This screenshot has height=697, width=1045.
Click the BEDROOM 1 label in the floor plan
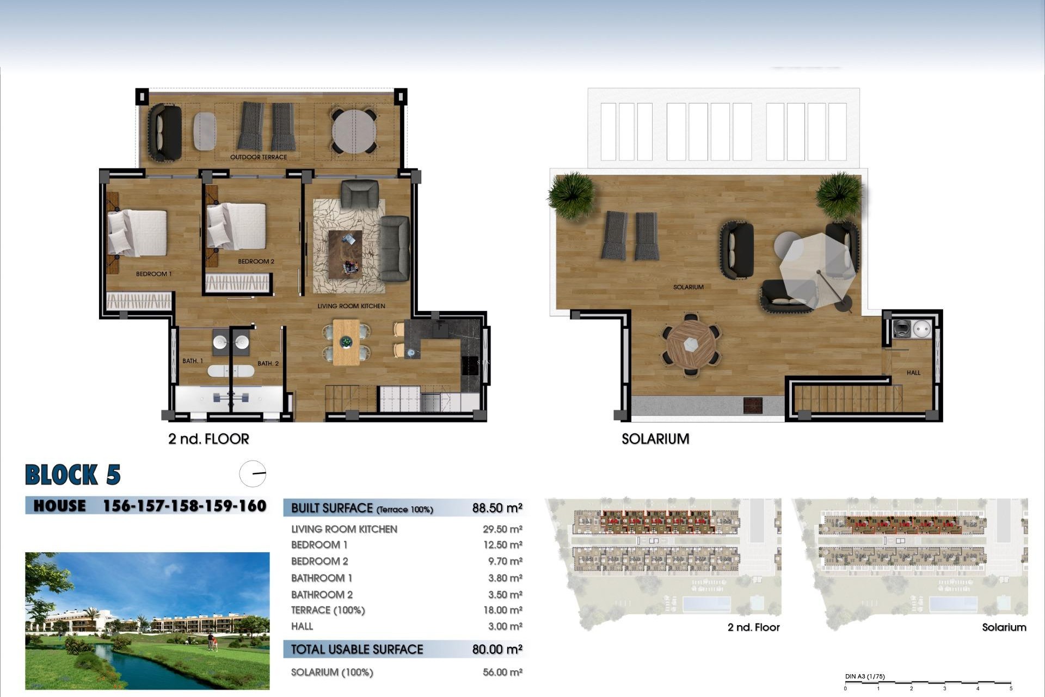[x=153, y=274]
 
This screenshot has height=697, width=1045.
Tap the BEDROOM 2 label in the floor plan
[x=256, y=261]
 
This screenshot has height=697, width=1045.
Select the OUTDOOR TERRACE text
[x=258, y=157]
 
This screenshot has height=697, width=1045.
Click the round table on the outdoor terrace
[x=354, y=131]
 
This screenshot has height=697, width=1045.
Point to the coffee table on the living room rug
[x=345, y=254]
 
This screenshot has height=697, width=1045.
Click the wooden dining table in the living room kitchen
[x=346, y=342]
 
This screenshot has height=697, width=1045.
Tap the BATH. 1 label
[x=193, y=361]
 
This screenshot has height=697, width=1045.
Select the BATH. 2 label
[x=268, y=363]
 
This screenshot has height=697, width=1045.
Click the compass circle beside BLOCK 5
[x=253, y=473]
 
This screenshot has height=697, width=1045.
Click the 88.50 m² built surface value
[x=497, y=508]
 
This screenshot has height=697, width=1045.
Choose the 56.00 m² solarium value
[x=502, y=672]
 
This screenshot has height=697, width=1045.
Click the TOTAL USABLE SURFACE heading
[x=356, y=649]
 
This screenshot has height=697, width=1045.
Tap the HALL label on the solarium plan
[x=913, y=373]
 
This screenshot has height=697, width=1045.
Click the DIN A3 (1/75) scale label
[x=864, y=676]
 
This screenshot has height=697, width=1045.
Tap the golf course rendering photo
[x=147, y=621]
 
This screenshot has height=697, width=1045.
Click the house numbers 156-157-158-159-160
[x=185, y=506]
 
